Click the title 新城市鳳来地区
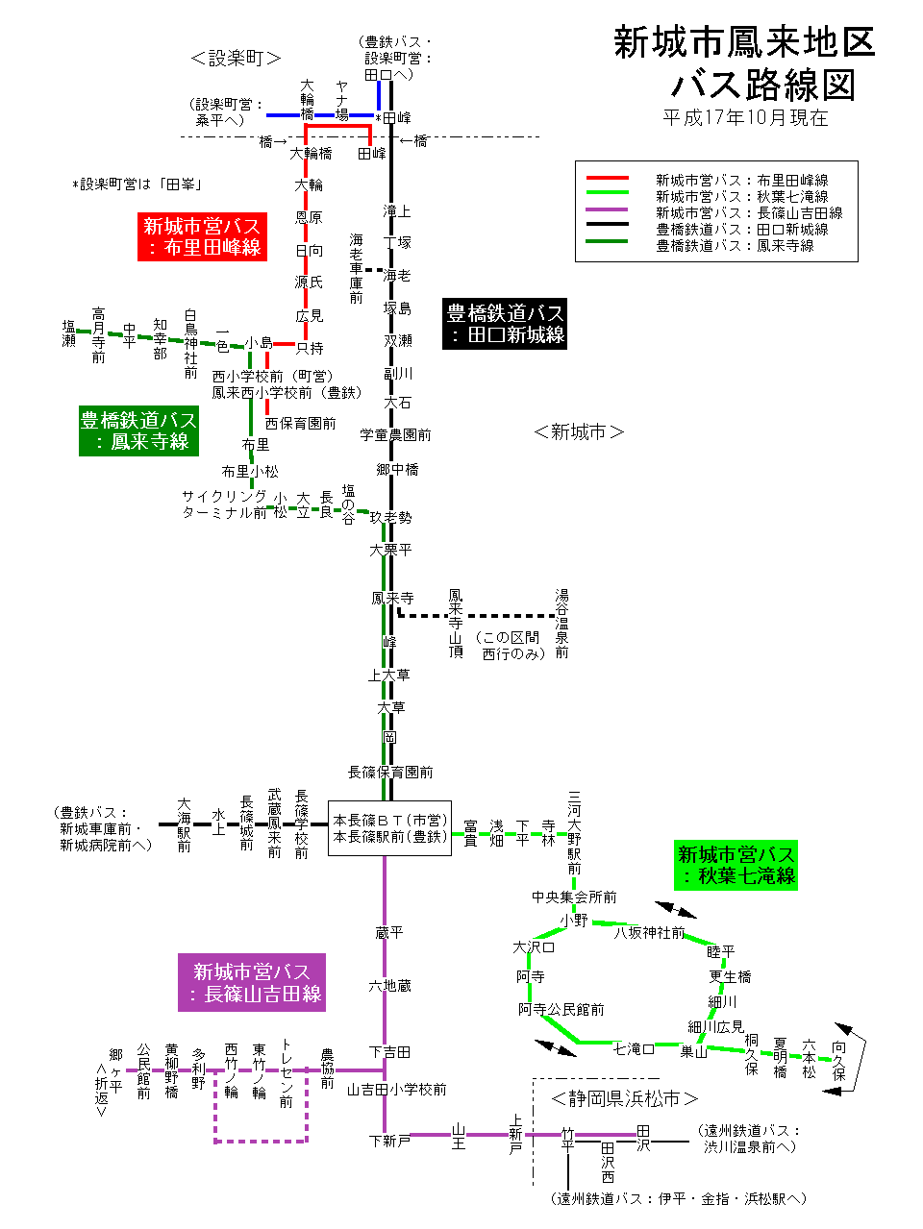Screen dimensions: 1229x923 tap(744, 42)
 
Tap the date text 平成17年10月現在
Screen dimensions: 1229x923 tap(745, 117)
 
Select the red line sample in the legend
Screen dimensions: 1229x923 tap(607, 179)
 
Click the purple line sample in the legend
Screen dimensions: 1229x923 tap(607, 210)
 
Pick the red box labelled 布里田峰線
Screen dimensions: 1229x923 tap(202, 236)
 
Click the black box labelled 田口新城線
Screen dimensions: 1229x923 tap(505, 324)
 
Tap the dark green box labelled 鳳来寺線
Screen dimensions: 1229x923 tap(138, 430)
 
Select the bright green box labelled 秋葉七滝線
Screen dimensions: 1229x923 tap(736, 865)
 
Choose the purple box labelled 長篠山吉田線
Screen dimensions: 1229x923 tap(252, 982)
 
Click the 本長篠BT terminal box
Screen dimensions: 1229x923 tap(389, 828)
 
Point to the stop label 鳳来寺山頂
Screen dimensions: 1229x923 tap(456, 624)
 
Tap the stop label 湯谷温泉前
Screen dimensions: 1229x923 tap(561, 624)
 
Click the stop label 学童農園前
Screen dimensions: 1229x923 tap(395, 435)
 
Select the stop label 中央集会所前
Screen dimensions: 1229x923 tap(574, 897)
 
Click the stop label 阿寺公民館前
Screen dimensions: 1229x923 tap(561, 1009)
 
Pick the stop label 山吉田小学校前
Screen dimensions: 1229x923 tap(396, 1089)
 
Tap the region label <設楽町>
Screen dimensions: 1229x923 tap(236, 59)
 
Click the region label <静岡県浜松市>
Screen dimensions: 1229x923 tap(624, 1098)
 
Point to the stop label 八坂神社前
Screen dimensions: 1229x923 tap(650, 932)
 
